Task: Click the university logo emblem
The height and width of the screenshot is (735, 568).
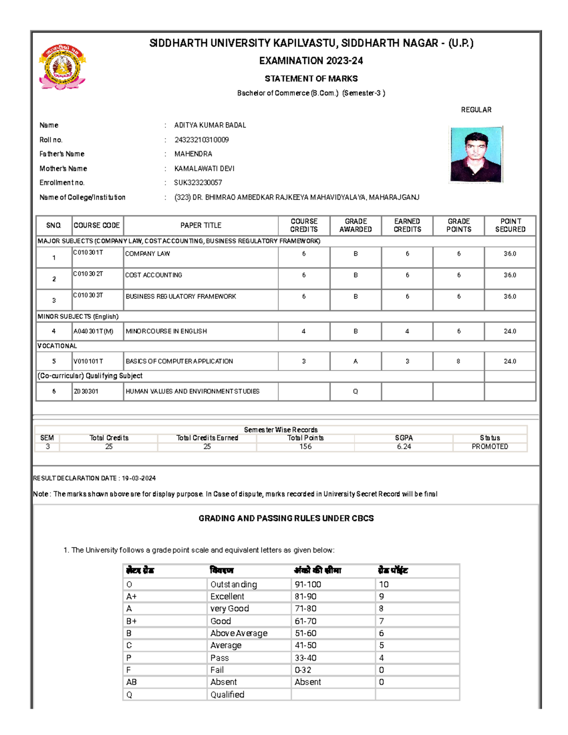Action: click(62, 67)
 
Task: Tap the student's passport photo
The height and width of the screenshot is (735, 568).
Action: click(476, 154)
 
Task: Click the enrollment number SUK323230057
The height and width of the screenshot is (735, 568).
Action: click(198, 183)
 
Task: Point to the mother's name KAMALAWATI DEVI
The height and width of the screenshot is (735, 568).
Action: click(204, 168)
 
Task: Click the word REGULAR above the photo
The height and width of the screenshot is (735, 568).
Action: click(476, 110)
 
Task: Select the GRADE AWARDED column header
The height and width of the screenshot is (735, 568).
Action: click(355, 225)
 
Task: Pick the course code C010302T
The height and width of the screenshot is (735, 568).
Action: click(88, 274)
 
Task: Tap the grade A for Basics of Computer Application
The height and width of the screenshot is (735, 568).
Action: click(355, 361)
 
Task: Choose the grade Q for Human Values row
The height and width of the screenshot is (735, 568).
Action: click(355, 391)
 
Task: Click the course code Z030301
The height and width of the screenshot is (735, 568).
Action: click(86, 391)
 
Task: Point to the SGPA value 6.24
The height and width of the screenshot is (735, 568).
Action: click(404, 446)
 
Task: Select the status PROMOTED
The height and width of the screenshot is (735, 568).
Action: click(489, 446)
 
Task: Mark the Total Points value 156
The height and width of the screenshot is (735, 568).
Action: click(305, 446)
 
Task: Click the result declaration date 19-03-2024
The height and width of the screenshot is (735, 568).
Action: click(139, 478)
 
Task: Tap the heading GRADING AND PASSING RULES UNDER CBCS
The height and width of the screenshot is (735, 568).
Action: click(286, 518)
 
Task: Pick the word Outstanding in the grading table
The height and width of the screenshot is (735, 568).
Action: click(233, 584)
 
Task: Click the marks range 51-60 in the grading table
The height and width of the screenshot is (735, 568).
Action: click(305, 633)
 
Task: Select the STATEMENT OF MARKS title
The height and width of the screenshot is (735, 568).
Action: click(311, 79)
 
